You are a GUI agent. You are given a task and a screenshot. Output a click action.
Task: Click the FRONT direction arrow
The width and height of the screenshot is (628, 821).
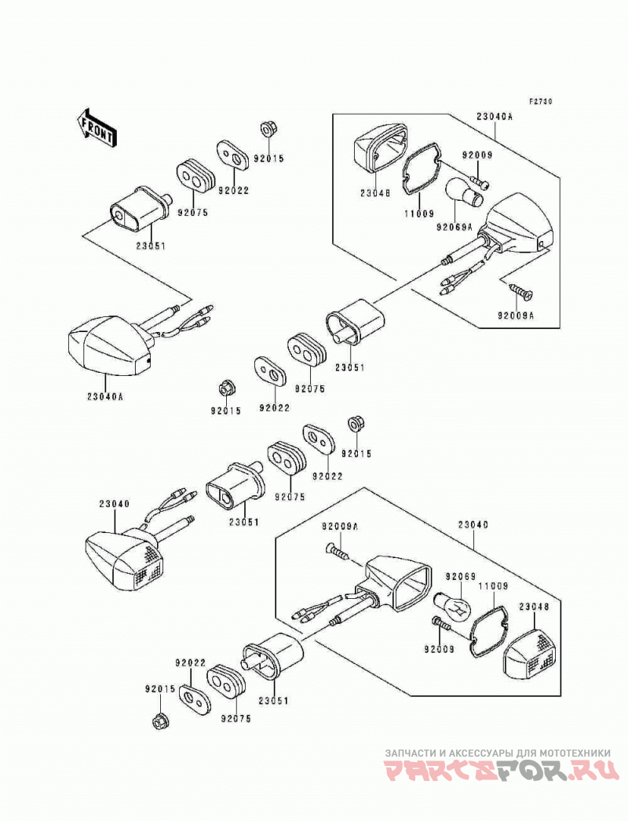coord(97,127)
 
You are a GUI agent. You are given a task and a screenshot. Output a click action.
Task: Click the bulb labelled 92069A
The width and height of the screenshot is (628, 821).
coord(464,194)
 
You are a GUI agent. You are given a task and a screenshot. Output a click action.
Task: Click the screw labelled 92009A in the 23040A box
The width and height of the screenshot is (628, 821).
coord(520,290)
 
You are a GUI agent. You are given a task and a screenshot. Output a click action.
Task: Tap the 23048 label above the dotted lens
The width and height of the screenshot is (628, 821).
coord(535,608)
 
